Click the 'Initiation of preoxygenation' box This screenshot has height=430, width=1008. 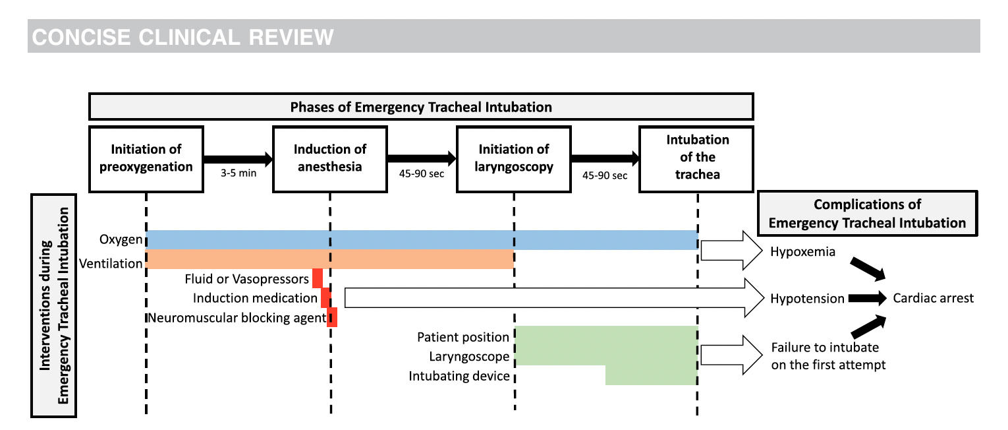pos(146,160)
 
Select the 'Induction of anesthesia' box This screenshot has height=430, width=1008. pos(330,160)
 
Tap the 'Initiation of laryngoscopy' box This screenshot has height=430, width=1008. pos(514,160)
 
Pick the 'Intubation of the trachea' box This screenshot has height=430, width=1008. pos(696,160)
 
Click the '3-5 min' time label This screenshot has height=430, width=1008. pos(238,173)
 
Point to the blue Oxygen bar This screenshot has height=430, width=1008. pos(422,240)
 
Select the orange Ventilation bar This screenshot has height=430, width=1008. pos(330,259)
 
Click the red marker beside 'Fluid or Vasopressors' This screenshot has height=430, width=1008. pos(318,278)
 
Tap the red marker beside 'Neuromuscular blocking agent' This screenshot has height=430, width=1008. pos(332,317)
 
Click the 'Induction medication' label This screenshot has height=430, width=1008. pos(255,298)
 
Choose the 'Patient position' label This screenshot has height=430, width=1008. pos(463,337)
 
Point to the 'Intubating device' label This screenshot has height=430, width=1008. pos(459,376)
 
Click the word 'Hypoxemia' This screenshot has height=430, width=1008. pos(803,252)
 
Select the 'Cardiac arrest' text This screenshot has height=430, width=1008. pos(934,298)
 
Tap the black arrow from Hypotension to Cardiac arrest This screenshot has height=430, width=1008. pos(867,298)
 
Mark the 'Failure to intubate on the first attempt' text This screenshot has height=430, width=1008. pos(828,356)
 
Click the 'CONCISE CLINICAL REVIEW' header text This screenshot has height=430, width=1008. pos(182,37)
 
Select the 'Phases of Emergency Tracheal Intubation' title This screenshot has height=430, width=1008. pos(421,107)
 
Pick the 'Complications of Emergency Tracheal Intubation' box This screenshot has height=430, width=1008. pos(868,214)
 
